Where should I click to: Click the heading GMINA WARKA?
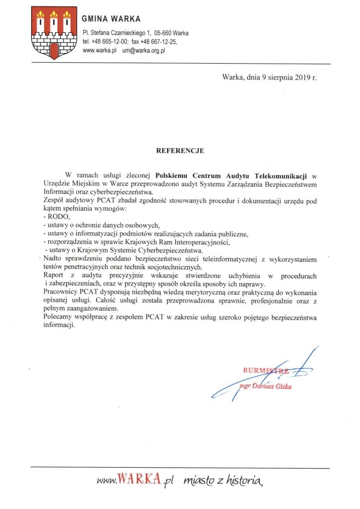[111, 19]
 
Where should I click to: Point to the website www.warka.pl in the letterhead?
[99, 50]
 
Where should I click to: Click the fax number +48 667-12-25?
[160, 42]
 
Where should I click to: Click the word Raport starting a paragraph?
[54, 275]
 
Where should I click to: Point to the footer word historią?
[243, 480]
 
